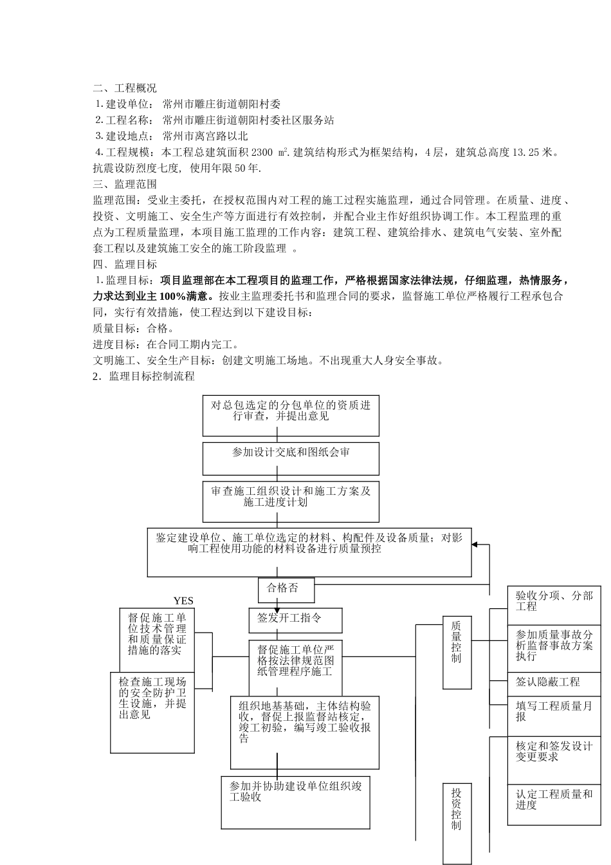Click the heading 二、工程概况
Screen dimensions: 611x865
pyautogui.click(x=125, y=88)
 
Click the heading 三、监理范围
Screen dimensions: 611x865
pyautogui.click(x=125, y=184)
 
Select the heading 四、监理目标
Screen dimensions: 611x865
pyautogui.click(x=125, y=265)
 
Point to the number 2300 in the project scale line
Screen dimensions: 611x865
pyautogui.click(x=262, y=153)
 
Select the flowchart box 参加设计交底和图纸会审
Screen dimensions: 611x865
pyautogui.click(x=291, y=458)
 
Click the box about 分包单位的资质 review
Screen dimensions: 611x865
pyautogui.click(x=291, y=415)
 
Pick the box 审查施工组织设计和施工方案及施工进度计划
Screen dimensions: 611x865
pyautogui.click(x=291, y=501)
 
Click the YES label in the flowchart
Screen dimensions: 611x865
pyautogui.click(x=183, y=601)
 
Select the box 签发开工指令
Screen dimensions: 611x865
pyautogui.click(x=295, y=619)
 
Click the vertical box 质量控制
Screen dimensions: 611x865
pyautogui.click(x=457, y=651)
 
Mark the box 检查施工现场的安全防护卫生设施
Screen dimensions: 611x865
pyautogui.click(x=153, y=711)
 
